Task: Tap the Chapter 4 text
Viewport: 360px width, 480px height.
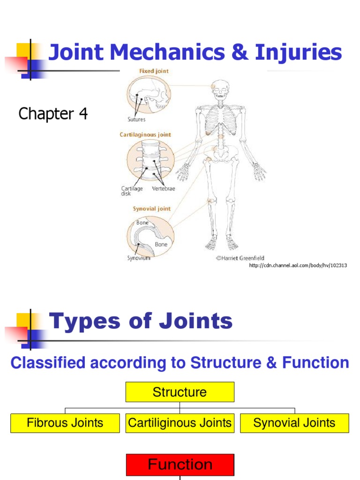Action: coord(53,114)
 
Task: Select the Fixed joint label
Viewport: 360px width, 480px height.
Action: coord(153,71)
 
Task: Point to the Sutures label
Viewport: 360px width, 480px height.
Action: coord(136,119)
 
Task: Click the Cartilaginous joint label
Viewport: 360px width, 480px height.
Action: coord(145,135)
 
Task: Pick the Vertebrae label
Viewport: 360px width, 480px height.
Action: coord(164,188)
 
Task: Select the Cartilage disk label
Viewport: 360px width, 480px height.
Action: coord(133,190)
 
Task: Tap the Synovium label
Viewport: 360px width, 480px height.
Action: coord(139,258)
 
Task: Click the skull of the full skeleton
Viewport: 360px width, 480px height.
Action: coord(219,89)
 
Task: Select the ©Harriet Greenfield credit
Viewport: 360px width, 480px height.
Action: coord(240,257)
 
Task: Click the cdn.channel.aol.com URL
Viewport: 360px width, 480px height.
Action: coord(298,266)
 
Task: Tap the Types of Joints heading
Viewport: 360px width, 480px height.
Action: coord(141,322)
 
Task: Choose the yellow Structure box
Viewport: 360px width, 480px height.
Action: coord(180,392)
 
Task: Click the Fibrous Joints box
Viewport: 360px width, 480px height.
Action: coord(65,423)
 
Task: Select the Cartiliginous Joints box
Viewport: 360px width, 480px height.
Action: coord(180,423)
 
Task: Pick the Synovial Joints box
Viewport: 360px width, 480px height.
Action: coord(294,423)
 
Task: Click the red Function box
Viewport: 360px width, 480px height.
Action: coord(180,465)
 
